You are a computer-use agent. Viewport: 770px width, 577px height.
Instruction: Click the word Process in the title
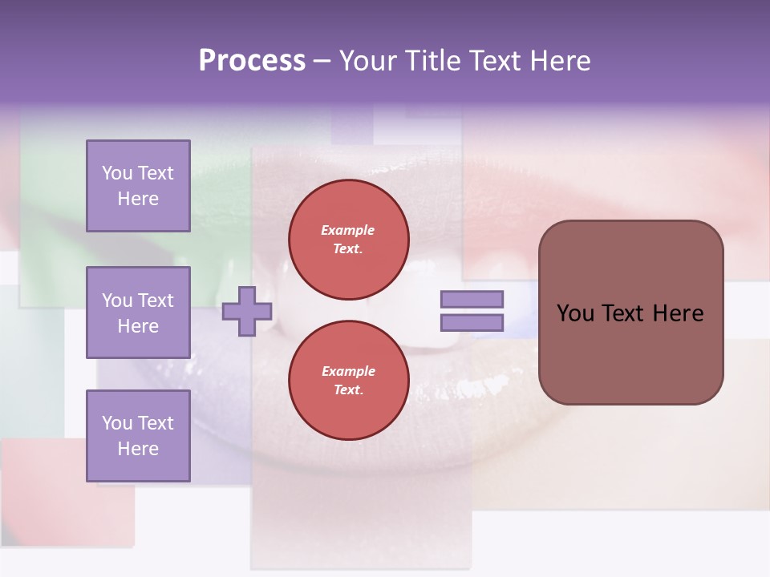(x=252, y=61)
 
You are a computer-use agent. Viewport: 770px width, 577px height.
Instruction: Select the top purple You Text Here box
(x=138, y=186)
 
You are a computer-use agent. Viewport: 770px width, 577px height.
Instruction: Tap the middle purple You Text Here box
(x=138, y=313)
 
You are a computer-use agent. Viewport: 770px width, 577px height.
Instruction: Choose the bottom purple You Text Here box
(x=138, y=435)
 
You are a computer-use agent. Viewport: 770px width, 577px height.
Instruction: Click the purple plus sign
(x=247, y=311)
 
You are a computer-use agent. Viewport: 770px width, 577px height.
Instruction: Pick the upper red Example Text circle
(x=349, y=240)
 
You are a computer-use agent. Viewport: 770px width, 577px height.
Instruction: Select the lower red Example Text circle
(x=349, y=380)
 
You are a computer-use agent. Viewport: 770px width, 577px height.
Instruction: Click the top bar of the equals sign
(x=472, y=299)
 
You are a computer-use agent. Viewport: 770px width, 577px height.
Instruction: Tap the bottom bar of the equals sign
(x=472, y=323)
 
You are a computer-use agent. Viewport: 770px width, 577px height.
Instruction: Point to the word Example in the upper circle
(x=348, y=230)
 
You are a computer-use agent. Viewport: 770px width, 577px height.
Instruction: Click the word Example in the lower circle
(x=348, y=371)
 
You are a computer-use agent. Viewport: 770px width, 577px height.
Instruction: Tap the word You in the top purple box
(x=117, y=173)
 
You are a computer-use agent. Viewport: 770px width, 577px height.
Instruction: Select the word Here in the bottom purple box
(x=138, y=449)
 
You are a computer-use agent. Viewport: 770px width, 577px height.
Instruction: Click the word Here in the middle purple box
(x=138, y=326)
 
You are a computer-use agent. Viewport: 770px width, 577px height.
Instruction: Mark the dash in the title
(x=322, y=61)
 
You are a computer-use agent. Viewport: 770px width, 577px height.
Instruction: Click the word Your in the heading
(x=369, y=61)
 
